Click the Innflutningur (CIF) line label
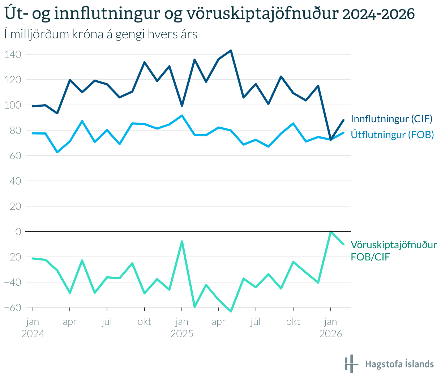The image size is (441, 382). (391, 119)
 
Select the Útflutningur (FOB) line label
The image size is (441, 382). (392, 135)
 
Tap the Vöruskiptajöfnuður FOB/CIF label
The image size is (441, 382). (394, 251)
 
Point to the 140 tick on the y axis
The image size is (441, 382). (13, 55)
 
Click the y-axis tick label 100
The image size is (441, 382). (13, 105)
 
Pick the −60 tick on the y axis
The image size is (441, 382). (13, 307)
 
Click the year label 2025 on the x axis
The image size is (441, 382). (182, 334)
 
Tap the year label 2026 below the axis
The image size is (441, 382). (330, 334)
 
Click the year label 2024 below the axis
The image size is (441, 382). (33, 334)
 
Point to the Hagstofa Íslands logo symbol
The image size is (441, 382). (351, 364)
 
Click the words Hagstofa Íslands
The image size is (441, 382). (399, 364)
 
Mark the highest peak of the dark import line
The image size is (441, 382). (231, 51)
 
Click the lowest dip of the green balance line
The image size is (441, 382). (231, 311)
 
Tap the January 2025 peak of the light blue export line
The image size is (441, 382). (182, 115)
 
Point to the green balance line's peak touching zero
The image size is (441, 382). (330, 232)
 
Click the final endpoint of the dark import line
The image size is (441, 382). (343, 120)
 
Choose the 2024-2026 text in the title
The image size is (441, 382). (378, 14)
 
